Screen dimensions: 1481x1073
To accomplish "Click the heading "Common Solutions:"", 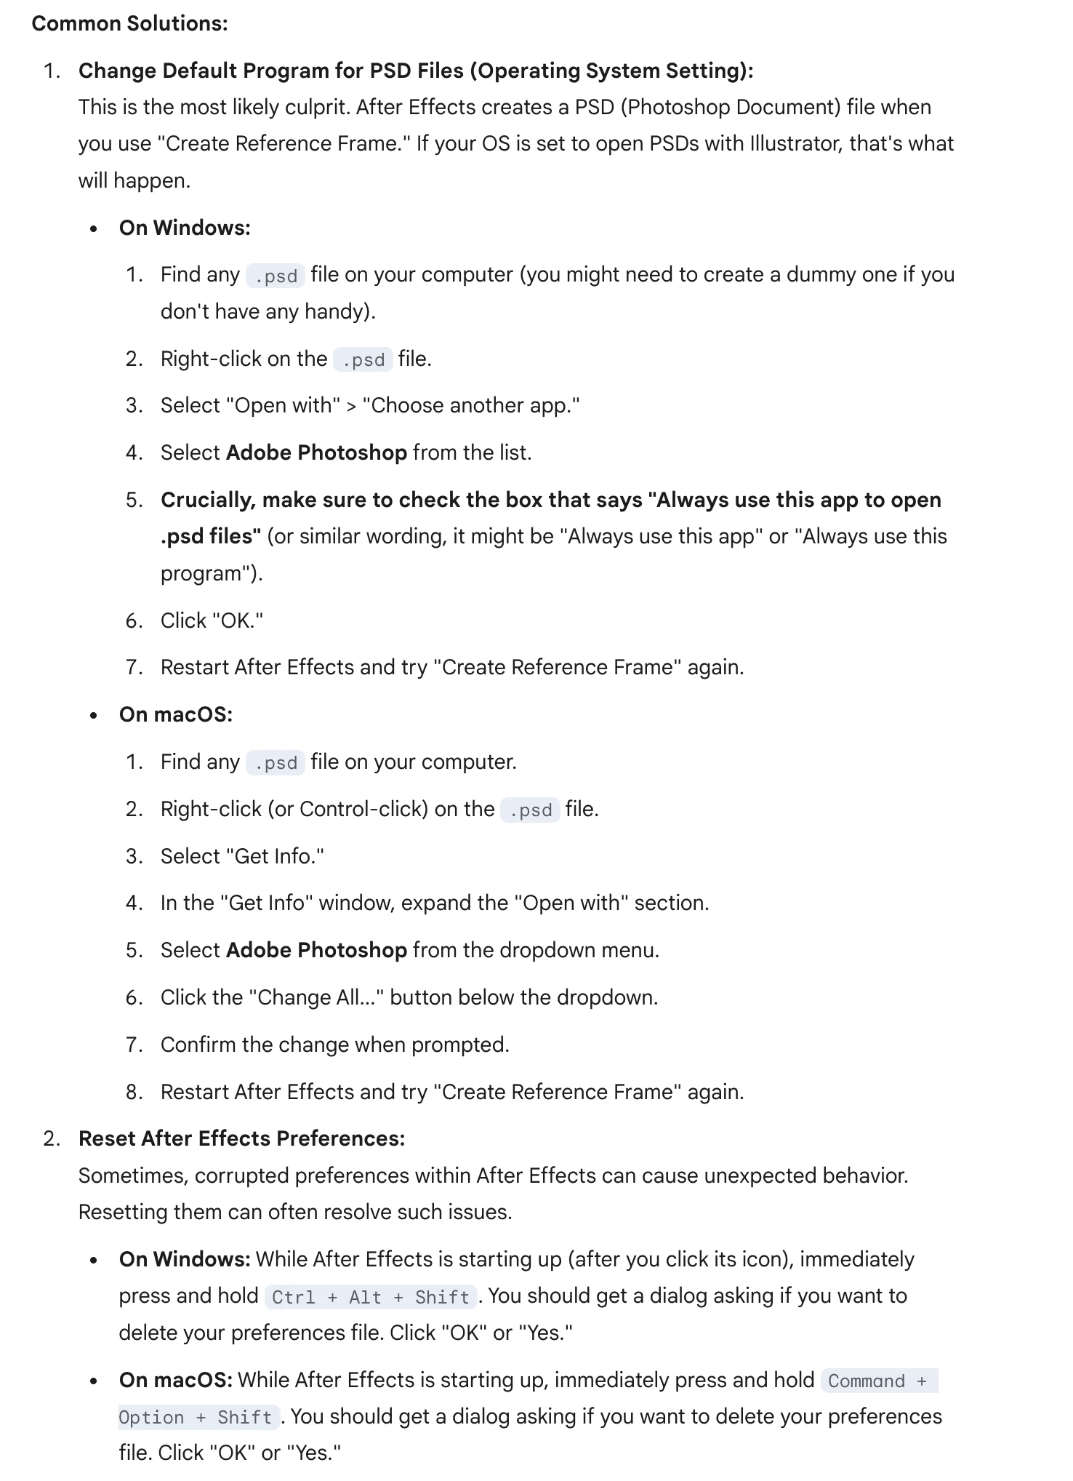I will (129, 23).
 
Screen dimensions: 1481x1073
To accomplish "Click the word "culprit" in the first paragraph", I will (313, 107).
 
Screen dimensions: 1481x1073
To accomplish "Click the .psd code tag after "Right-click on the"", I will (363, 359).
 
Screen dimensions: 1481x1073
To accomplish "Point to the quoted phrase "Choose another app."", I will (471, 405).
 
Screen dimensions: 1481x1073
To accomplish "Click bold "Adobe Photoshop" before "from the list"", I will (316, 452).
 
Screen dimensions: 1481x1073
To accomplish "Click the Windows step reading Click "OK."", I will (212, 620).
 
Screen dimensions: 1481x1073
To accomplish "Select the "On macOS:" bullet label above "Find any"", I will (176, 714).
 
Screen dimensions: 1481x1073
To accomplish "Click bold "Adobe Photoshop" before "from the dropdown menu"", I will (316, 950).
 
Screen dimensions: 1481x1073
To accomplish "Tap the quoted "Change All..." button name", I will (316, 997).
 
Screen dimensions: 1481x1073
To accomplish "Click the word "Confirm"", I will (198, 1045).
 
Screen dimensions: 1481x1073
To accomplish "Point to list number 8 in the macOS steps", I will (134, 1092).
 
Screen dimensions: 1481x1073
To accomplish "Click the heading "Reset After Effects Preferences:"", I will (241, 1138).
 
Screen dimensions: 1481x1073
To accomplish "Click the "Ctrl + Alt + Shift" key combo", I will (371, 1297).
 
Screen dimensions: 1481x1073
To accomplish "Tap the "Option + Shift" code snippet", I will (196, 1417).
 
